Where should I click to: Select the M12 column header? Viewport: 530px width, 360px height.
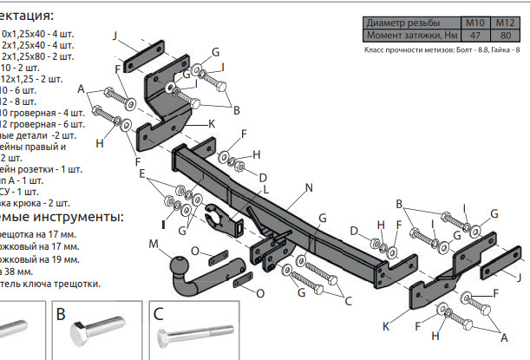point(505,21)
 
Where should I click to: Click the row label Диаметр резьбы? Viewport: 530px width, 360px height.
point(402,21)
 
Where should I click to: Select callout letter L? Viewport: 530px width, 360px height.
point(266,189)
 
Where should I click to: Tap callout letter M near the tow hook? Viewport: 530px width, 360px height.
point(153,245)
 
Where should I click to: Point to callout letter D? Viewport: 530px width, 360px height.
point(354,230)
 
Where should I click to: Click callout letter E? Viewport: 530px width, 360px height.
point(143,173)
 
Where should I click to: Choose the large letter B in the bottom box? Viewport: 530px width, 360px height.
point(62,314)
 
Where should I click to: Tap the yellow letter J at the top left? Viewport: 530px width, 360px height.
point(115,35)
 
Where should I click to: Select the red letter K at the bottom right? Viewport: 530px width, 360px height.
point(386,326)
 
